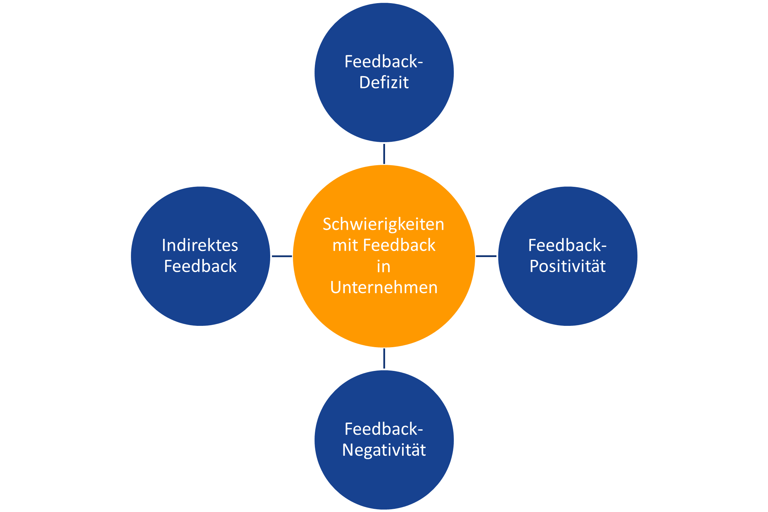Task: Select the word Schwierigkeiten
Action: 383,224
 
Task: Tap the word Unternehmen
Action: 384,287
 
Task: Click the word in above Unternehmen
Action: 383,267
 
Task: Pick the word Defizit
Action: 384,83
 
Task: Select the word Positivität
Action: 568,266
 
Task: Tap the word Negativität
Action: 384,450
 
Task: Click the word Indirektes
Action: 200,245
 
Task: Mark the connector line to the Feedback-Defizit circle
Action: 384,154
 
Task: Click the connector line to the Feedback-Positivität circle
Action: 486,256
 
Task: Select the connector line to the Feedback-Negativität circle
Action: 384,358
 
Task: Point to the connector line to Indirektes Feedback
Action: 282,256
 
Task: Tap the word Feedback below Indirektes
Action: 200,266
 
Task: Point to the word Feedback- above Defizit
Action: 384,62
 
